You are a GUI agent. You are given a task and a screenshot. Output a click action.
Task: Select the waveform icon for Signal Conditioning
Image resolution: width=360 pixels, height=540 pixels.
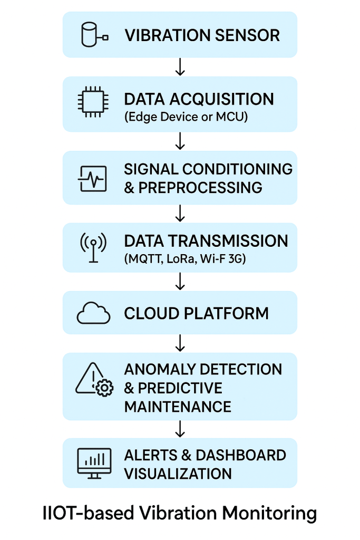93,178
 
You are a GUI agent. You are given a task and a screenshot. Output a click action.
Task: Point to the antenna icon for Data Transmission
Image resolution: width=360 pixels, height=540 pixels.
93,248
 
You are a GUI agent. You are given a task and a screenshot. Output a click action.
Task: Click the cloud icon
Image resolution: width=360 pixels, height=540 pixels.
93,314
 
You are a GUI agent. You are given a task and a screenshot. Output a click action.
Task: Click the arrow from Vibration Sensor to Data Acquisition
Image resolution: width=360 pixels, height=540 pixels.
180,67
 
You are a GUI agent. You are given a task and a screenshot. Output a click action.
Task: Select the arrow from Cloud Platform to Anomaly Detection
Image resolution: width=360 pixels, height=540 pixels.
180,343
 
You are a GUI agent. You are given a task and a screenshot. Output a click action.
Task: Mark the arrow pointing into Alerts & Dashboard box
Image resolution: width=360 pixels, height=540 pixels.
180,429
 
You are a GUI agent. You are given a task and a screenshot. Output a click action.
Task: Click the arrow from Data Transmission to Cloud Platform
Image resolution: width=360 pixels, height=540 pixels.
180,281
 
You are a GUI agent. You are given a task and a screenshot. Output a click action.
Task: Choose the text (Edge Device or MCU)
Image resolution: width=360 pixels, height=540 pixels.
186,117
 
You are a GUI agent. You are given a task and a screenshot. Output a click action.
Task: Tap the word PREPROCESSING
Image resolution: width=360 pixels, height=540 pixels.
200,188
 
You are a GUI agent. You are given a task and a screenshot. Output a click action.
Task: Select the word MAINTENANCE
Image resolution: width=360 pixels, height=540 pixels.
178,407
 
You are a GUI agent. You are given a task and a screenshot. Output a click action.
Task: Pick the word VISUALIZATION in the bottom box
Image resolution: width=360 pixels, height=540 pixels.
178,473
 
